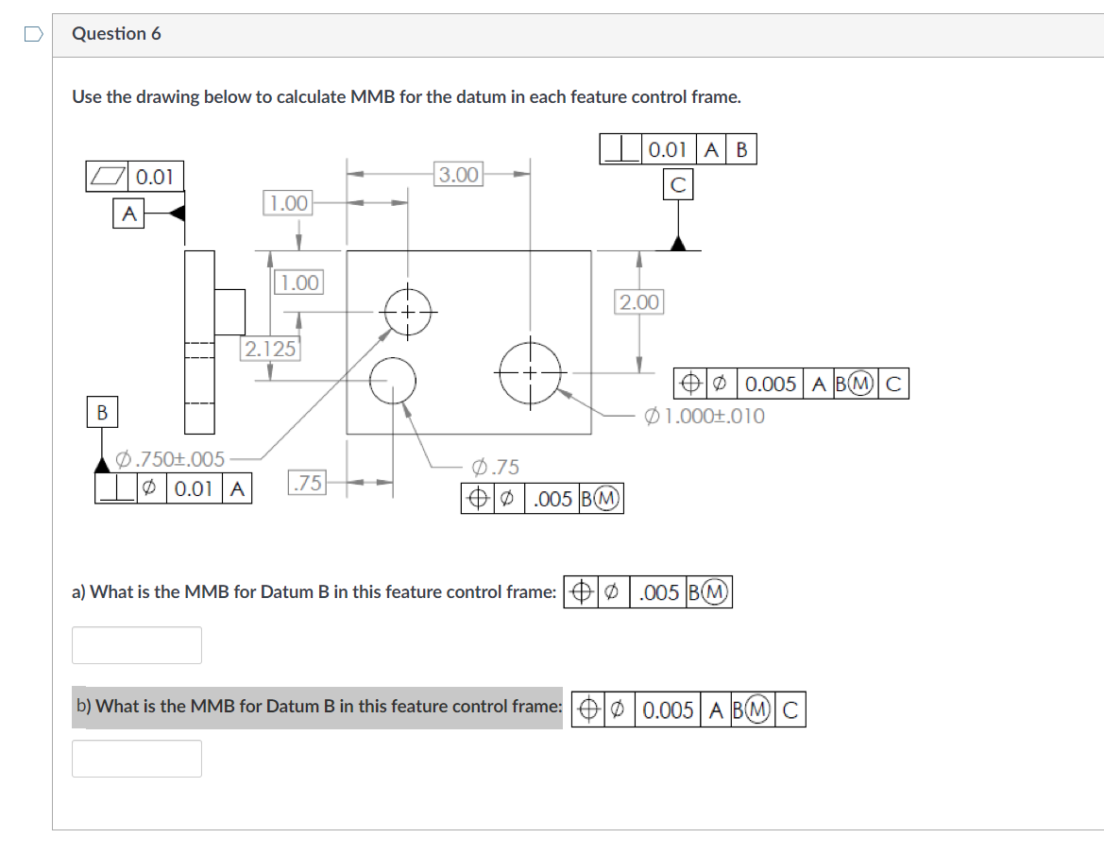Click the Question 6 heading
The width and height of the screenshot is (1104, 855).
[117, 34]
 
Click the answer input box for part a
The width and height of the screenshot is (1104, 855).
[137, 645]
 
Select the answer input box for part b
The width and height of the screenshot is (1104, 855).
[137, 759]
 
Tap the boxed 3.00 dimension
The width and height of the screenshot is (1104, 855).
[459, 175]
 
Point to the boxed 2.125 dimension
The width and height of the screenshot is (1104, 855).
[271, 349]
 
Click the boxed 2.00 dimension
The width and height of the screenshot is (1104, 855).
[639, 302]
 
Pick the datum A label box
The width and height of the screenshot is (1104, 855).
[128, 214]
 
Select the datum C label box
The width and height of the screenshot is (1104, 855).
[677, 186]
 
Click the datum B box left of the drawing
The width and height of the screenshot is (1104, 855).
[101, 412]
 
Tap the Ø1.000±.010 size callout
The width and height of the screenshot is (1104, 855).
[705, 416]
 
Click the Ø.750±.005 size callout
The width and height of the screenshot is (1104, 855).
[170, 460]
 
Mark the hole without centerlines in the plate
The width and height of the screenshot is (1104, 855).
[393, 381]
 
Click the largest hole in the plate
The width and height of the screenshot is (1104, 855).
[531, 372]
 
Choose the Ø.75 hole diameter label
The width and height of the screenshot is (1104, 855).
[495, 467]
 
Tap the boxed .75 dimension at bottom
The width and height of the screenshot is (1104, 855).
[307, 483]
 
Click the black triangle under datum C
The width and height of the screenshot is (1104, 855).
[677, 243]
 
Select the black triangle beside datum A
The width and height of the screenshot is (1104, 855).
[176, 214]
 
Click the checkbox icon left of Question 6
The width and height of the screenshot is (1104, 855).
[33, 34]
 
